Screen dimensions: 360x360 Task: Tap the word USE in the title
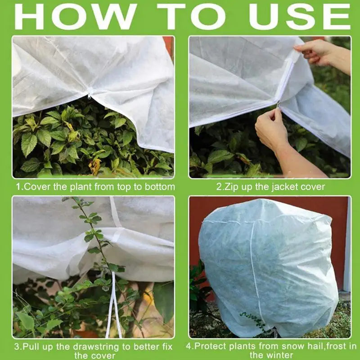click(300, 17)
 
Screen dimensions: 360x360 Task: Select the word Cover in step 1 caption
click(37, 187)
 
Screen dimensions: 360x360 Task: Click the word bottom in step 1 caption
click(160, 187)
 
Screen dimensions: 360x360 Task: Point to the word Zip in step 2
click(230, 187)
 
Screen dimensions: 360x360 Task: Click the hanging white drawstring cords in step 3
click(113, 306)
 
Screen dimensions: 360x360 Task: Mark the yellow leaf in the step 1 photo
click(95, 166)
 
